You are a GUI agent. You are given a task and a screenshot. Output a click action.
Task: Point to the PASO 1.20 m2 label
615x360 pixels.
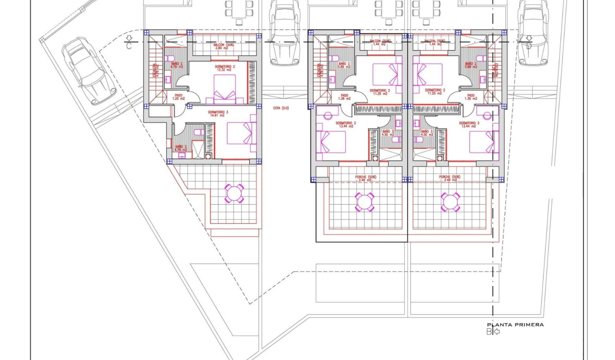point(178,97)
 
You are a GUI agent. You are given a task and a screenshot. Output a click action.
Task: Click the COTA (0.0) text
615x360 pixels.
point(281,108)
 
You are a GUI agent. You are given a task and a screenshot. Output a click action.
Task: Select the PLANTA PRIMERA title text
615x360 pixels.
point(515,325)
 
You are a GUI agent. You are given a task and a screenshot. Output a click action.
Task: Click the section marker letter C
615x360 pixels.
point(129,46)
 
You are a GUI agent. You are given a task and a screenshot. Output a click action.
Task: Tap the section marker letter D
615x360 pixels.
point(529,46)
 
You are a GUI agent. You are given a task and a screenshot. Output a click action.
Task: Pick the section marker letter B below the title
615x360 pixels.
point(489,331)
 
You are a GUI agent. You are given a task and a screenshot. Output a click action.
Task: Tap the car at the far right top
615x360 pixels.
point(533,31)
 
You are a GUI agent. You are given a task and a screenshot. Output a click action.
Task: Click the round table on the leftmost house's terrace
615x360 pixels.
point(234,193)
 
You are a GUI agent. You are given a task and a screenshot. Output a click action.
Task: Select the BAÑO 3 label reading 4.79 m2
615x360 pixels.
point(180,148)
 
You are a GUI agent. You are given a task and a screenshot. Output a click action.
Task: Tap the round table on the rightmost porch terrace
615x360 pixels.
point(450,202)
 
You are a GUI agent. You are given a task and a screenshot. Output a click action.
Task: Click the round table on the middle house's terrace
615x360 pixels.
point(365,202)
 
